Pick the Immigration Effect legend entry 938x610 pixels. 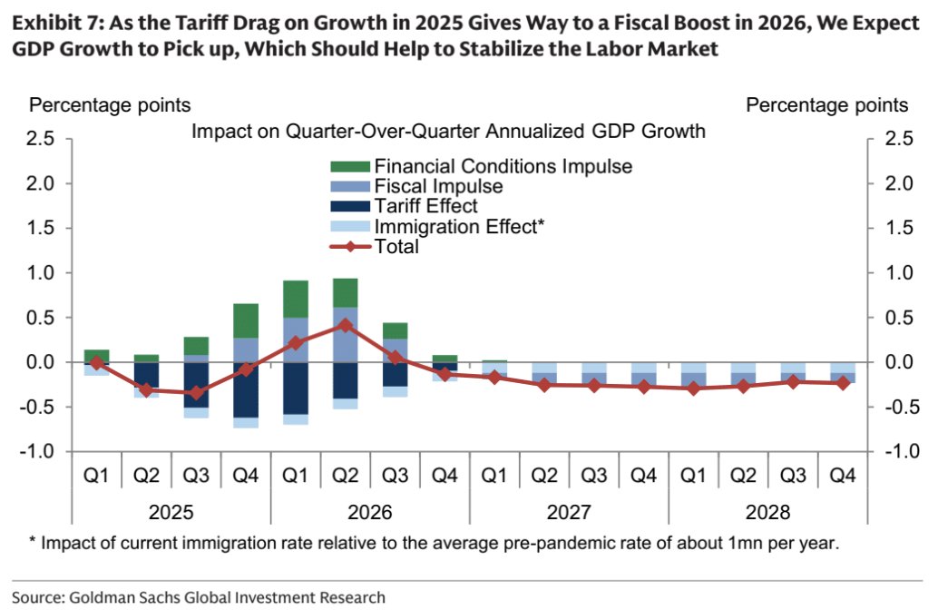pos(459,226)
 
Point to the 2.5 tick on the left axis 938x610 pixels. pos(40,139)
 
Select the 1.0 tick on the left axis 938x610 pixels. pos(40,273)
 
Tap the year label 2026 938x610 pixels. pos(369,513)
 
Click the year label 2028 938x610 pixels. pos(767,513)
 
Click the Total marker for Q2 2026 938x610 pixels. pos(345,325)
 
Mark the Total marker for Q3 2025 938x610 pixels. pos(196,393)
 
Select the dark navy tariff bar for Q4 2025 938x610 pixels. pos(246,390)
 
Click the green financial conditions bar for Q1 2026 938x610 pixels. pos(295,299)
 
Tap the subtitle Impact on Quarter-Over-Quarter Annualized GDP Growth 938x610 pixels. pos(448,132)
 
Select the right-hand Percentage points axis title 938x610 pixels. pos(826,105)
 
